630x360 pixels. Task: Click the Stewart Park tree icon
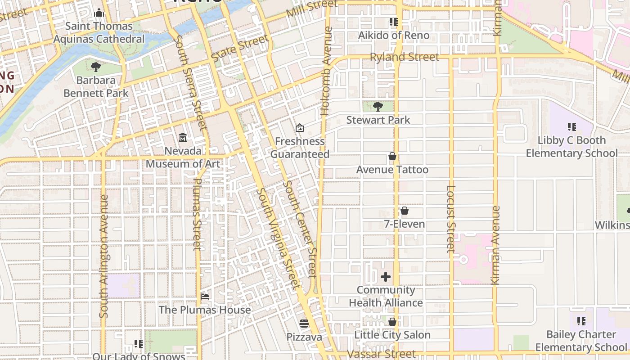[x=378, y=107]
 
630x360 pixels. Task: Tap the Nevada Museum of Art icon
[x=183, y=137]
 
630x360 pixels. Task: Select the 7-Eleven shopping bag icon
[x=405, y=211]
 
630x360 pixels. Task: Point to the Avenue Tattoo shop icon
[x=392, y=156]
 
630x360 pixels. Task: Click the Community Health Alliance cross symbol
[x=386, y=277]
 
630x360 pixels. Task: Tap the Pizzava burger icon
[x=305, y=324]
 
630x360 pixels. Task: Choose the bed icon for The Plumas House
[x=205, y=297]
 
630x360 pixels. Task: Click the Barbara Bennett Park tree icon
[x=95, y=67]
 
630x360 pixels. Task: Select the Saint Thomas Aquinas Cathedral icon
[x=99, y=13]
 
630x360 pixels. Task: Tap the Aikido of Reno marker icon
[x=394, y=22]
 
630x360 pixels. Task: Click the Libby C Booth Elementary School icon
[x=572, y=127]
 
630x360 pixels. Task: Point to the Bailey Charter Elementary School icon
[x=581, y=321]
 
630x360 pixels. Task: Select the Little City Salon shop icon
[x=392, y=322]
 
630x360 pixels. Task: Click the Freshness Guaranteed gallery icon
[x=300, y=128]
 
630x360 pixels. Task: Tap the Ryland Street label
[x=404, y=57]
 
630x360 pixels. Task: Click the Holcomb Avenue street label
[x=326, y=71]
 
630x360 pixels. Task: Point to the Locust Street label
[x=451, y=219]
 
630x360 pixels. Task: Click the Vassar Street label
[x=381, y=354]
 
